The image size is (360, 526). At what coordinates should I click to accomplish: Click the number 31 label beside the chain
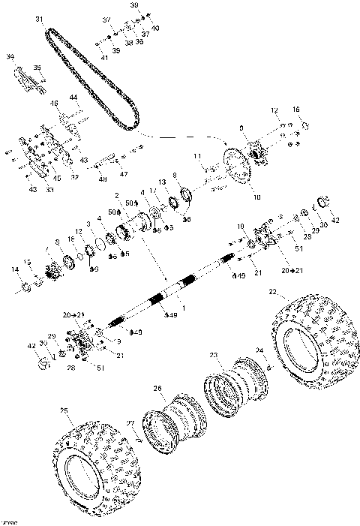pyautogui.click(x=38, y=18)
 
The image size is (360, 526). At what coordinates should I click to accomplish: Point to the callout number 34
pyautogui.click(x=10, y=56)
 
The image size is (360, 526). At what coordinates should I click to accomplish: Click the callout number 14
pyautogui.click(x=15, y=269)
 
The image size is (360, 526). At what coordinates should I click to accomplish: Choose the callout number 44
pyautogui.click(x=73, y=98)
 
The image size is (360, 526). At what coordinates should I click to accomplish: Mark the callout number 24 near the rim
pyautogui.click(x=260, y=350)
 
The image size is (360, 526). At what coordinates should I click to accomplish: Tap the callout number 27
pyautogui.click(x=130, y=423)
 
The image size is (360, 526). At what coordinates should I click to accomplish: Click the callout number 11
pyautogui.click(x=197, y=156)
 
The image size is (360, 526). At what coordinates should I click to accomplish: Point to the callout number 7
pyautogui.click(x=47, y=249)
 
